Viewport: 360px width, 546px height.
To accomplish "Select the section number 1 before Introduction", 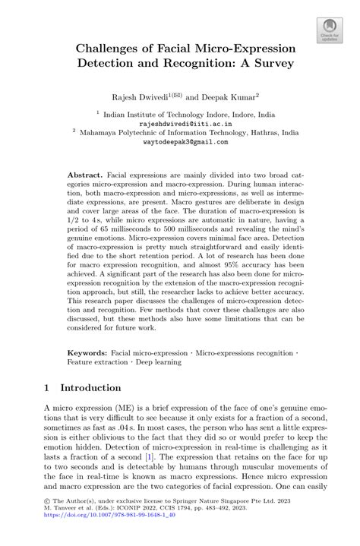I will pos(46,387).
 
